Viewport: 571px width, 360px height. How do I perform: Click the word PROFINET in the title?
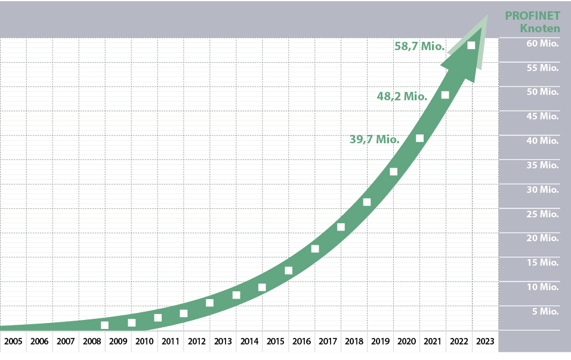pyautogui.click(x=532, y=16)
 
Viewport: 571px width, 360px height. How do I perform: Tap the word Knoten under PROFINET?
pyautogui.click(x=539, y=29)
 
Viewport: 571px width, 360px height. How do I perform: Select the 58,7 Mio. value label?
pyautogui.click(x=419, y=45)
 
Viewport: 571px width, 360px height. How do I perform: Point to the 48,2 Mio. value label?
pyautogui.click(x=402, y=96)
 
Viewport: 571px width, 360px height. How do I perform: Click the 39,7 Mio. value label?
pyautogui.click(x=374, y=140)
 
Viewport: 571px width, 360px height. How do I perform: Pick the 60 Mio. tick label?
pyautogui.click(x=541, y=44)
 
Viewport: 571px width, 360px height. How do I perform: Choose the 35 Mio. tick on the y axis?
pyautogui.click(x=541, y=165)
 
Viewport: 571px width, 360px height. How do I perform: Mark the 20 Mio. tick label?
pyautogui.click(x=541, y=238)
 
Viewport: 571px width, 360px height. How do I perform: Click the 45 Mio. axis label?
pyautogui.click(x=541, y=116)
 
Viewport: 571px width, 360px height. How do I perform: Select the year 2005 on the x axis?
pyautogui.click(x=13, y=342)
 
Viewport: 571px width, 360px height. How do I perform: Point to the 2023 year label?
pyautogui.click(x=484, y=342)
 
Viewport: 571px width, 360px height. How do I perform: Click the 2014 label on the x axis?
pyautogui.click(x=249, y=342)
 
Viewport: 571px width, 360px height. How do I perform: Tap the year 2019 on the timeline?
pyautogui.click(x=379, y=342)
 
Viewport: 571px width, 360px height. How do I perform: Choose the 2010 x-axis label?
pyautogui.click(x=144, y=342)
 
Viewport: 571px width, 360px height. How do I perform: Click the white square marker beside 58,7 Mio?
pyautogui.click(x=471, y=45)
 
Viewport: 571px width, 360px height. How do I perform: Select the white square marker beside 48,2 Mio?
pyautogui.click(x=445, y=95)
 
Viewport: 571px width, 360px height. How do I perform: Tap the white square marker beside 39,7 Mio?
pyautogui.click(x=419, y=139)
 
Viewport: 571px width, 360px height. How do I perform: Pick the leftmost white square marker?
pyautogui.click(x=105, y=325)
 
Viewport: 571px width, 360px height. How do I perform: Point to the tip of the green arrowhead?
pyautogui.click(x=487, y=16)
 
